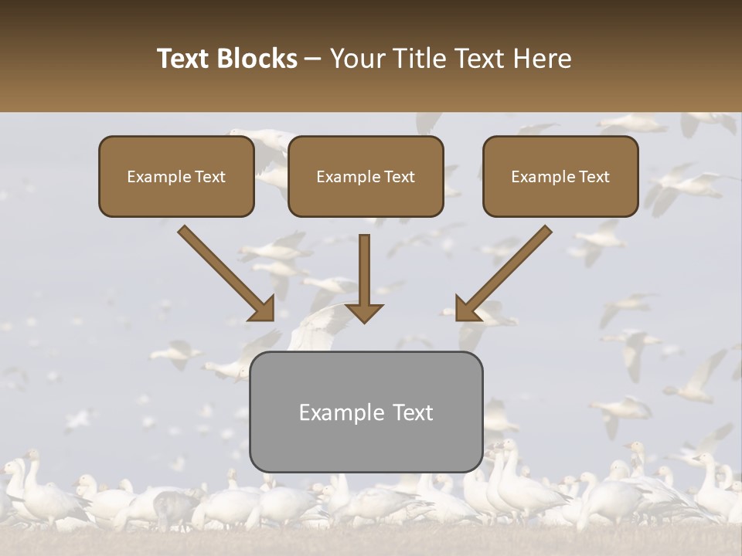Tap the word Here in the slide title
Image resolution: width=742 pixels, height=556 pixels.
tap(541, 59)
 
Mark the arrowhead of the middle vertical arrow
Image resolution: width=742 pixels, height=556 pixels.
tap(364, 311)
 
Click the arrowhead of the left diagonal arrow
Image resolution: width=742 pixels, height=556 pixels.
tap(262, 308)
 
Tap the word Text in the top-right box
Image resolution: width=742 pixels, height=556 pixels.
tap(593, 177)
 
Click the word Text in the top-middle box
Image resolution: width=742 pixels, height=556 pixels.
tap(398, 177)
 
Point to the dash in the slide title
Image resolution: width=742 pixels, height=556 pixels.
tap(313, 59)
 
